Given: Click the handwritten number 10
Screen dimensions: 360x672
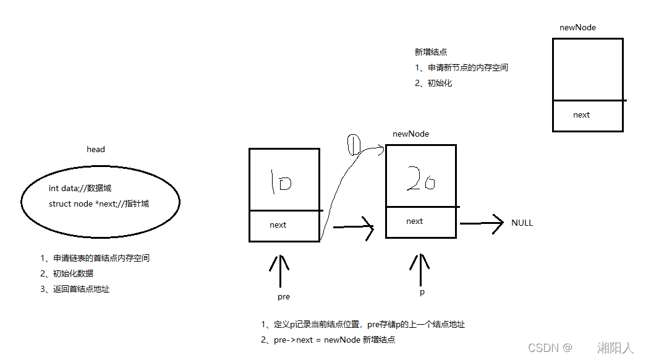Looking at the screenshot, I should point(281,182).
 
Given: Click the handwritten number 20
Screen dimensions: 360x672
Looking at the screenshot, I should point(420,180).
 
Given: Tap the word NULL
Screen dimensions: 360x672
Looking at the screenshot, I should point(522,223).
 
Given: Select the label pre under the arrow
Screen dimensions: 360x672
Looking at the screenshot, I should point(284,297).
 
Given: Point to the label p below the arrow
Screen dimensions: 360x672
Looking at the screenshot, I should point(422,292).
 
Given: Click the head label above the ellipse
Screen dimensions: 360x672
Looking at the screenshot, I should point(96,149).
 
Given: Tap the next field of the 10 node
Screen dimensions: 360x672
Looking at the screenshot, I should point(278,225).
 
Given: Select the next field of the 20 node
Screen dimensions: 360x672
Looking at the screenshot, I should point(414,221).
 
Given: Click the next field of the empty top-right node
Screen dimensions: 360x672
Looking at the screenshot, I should point(581,114).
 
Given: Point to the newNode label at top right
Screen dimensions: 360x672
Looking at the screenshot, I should point(577,27).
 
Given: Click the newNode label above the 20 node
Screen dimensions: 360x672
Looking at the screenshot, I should point(410,134).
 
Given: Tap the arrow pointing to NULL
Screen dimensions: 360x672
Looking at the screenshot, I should point(482,223).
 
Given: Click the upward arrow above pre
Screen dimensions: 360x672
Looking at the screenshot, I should point(280,270).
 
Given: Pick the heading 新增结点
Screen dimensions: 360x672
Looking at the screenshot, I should point(431,53).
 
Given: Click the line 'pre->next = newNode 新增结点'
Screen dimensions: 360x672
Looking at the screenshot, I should point(328,340).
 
